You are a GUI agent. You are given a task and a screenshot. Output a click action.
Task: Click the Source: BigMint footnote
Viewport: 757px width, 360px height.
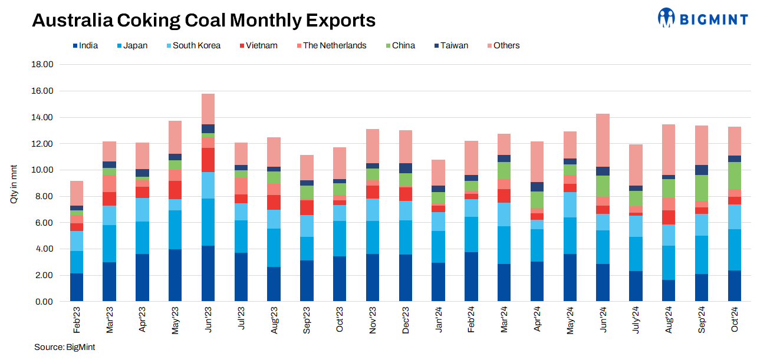tap(64, 347)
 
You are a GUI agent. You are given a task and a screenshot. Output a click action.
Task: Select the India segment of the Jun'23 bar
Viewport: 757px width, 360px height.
tap(208, 273)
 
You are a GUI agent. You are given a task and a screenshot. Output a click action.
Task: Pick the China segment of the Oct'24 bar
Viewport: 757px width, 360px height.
tap(735, 176)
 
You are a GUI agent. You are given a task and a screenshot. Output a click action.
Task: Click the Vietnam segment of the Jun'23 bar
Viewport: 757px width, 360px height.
tap(208, 160)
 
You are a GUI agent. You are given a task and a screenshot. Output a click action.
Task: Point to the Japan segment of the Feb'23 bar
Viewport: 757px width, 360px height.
tap(77, 262)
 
